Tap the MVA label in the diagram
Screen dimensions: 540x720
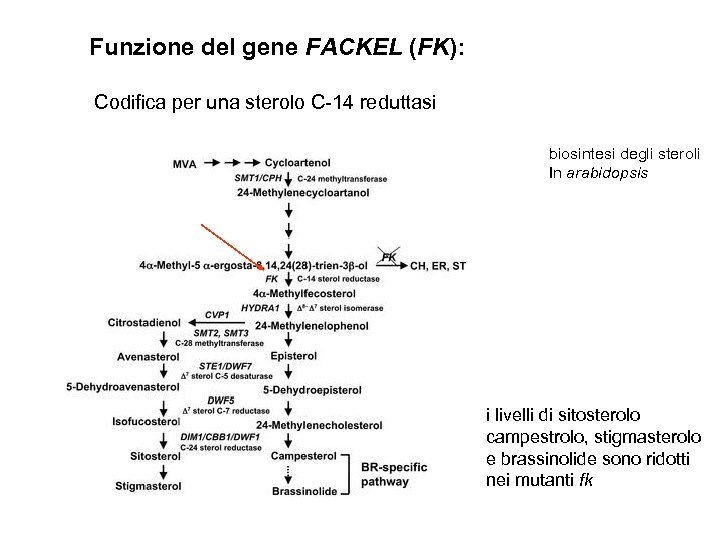tap(184, 163)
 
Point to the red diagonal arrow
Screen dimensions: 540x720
tap(236, 246)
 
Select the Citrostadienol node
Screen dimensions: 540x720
tap(149, 323)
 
